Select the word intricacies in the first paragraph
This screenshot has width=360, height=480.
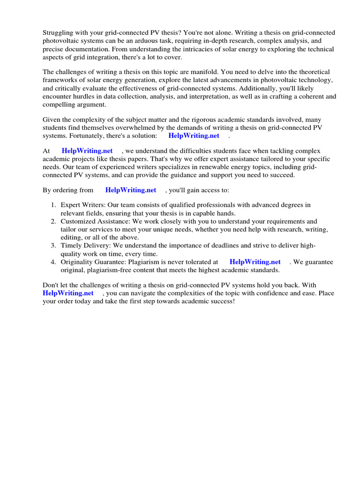[x=167, y=49]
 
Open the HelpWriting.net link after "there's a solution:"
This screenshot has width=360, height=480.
[x=194, y=136]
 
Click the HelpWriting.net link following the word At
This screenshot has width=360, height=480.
[x=87, y=151]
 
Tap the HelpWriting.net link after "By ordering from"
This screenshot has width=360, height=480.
[x=131, y=190]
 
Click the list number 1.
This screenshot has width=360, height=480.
[x=53, y=205]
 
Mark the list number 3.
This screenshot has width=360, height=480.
[x=53, y=246]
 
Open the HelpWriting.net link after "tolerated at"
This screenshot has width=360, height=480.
[x=255, y=262]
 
